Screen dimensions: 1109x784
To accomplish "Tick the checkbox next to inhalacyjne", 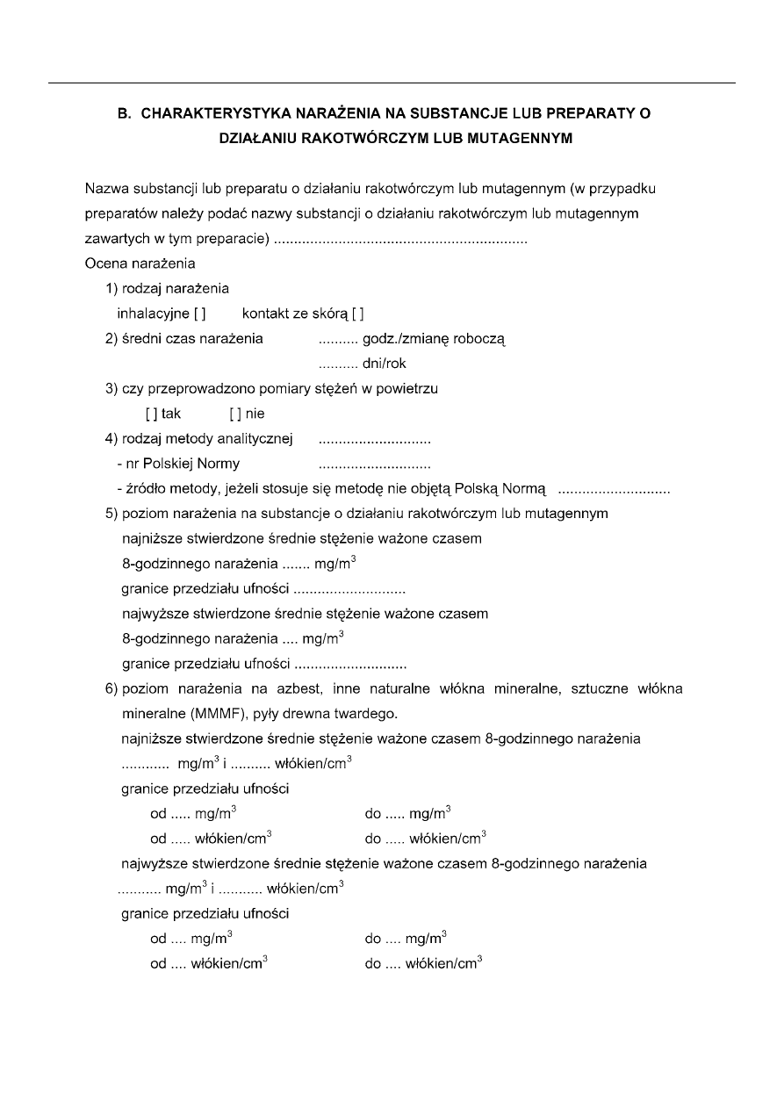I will tap(200, 313).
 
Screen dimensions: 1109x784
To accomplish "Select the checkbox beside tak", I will tap(150, 414).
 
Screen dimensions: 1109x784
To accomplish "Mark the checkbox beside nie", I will tap(234, 414).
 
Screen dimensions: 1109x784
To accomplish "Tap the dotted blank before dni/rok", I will tap(338, 364).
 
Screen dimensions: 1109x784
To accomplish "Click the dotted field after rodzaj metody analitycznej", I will tap(374, 439).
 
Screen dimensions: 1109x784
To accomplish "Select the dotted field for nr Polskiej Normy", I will tap(374, 464).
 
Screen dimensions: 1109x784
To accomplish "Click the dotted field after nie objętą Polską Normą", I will tap(614, 489).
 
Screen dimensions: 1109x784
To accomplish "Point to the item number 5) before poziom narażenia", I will tap(111, 514).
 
